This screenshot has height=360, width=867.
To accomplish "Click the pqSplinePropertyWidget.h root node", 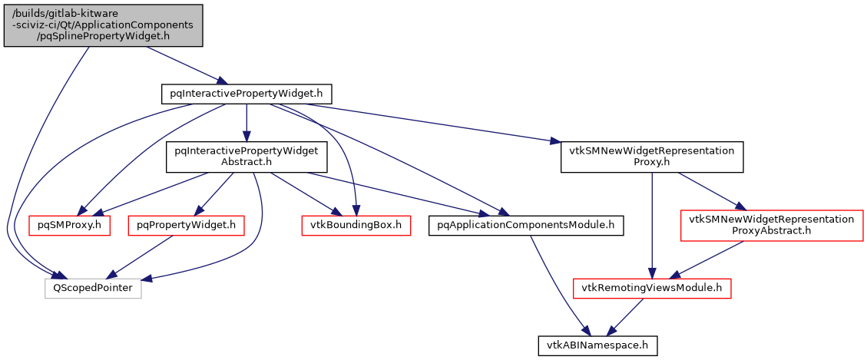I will (104, 25).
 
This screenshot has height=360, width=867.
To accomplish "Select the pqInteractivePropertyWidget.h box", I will (246, 94).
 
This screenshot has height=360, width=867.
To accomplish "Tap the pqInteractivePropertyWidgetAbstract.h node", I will (246, 157).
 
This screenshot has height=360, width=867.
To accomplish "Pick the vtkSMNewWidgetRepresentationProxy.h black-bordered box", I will (652, 157).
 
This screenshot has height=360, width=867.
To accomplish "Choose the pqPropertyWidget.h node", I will (185, 225).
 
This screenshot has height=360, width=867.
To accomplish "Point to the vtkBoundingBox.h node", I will (355, 225).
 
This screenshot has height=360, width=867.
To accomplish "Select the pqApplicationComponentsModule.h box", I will (525, 225).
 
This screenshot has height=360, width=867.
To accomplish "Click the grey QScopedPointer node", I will (93, 289).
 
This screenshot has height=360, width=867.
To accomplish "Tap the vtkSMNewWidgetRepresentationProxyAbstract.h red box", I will (771, 225).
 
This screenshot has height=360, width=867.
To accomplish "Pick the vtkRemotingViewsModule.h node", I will (652, 289).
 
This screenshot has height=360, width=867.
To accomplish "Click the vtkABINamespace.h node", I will (597, 345).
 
